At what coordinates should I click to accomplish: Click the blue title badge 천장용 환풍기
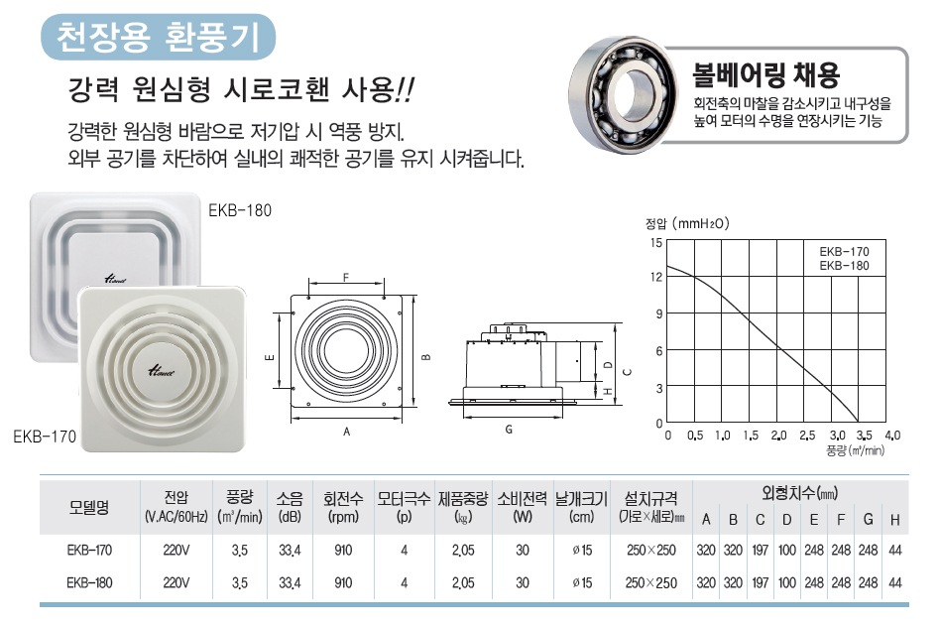[x=158, y=37]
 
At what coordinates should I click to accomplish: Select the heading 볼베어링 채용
[x=765, y=74]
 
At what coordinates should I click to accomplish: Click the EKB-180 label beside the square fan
[x=240, y=210]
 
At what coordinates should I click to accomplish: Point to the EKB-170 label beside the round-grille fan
[x=45, y=437]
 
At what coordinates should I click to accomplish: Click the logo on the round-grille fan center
[x=161, y=371]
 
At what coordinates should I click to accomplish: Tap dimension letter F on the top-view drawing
[x=345, y=278]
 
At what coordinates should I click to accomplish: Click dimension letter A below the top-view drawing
[x=346, y=432]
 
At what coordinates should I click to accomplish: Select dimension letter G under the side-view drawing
[x=509, y=430]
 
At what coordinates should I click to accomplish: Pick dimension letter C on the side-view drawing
[x=627, y=372]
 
